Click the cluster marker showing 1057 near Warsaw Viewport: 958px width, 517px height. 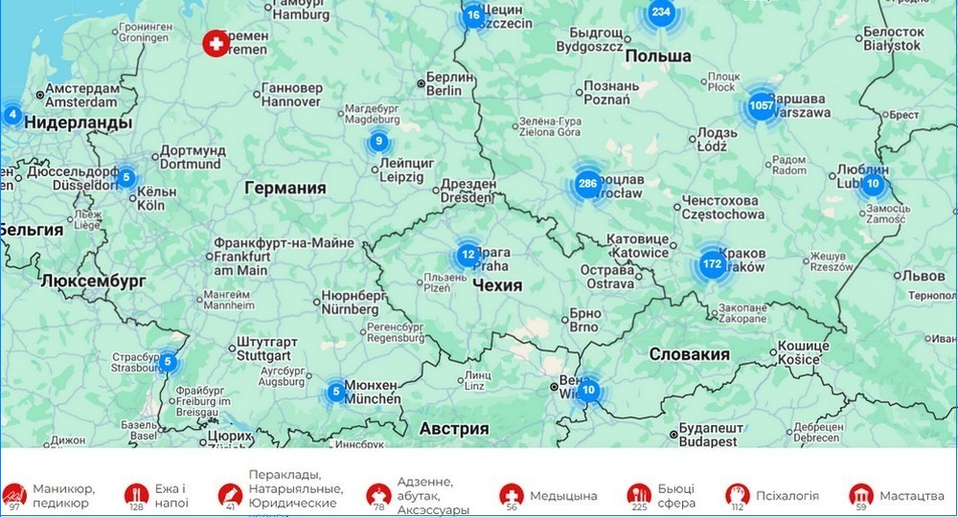click(762, 105)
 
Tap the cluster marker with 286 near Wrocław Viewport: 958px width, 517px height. click(587, 184)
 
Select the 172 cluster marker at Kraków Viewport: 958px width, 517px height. click(712, 263)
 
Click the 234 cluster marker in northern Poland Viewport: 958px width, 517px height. click(660, 12)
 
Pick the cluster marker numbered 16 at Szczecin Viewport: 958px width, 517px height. click(473, 15)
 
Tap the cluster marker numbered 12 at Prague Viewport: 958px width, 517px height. click(468, 255)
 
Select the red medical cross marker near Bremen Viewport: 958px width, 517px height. click(216, 43)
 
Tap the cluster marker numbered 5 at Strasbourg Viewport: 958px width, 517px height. click(168, 362)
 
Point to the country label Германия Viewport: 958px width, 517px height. click(285, 189)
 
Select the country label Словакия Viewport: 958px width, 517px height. click(689, 354)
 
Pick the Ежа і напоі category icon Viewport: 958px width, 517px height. click(136, 495)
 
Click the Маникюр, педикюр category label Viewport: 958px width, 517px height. click(61, 495)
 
